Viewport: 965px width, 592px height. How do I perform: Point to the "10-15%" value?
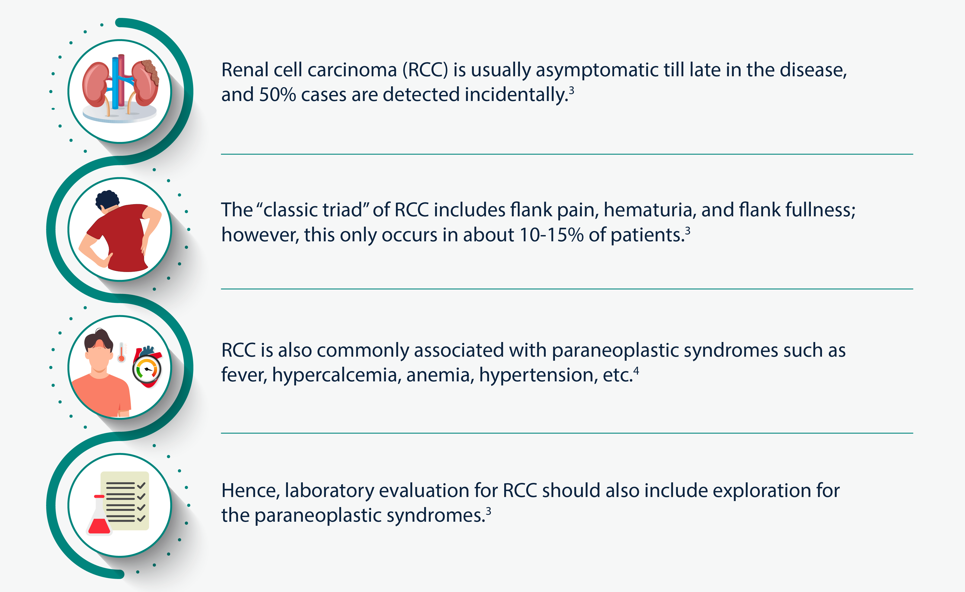tap(551, 235)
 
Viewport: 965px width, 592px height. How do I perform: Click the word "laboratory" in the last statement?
tap(329, 491)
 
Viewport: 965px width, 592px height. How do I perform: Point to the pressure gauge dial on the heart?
tap(147, 369)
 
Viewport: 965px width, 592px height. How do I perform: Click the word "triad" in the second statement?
tap(345, 210)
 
